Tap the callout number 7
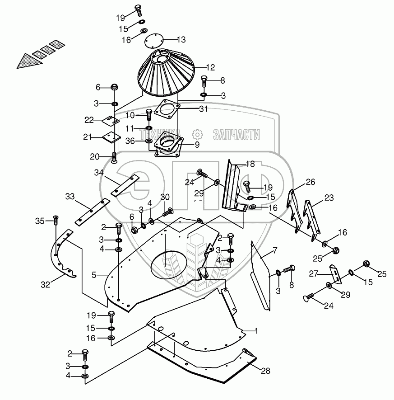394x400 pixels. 275,250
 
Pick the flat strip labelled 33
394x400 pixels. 92,211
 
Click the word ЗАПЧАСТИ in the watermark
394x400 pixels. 236,134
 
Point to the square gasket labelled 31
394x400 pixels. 167,111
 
